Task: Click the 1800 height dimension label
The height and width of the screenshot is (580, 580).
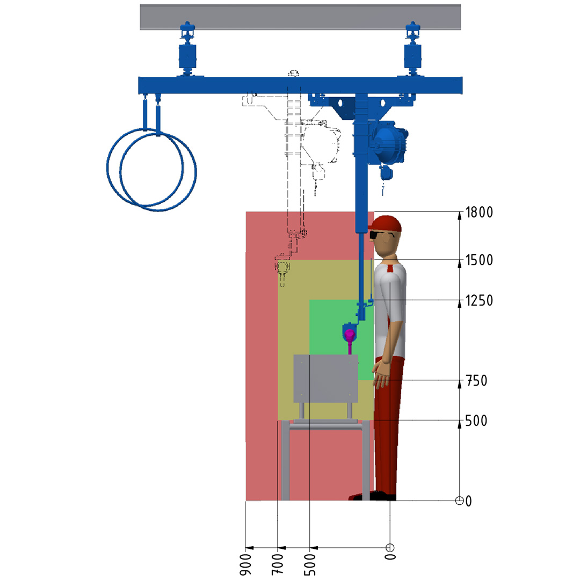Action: [x=479, y=212]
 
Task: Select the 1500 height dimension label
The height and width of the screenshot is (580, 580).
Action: [x=479, y=260]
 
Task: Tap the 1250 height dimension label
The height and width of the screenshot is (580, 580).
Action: [x=479, y=301]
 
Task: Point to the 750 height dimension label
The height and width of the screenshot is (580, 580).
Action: [x=476, y=381]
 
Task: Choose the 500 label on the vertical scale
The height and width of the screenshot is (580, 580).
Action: [x=476, y=421]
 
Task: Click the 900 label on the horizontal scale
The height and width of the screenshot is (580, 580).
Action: [x=245, y=564]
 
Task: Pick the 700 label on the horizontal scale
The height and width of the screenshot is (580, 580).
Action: [x=278, y=564]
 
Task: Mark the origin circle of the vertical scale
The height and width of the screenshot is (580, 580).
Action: [x=459, y=501]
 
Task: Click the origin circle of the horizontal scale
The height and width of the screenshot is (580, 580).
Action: [x=390, y=547]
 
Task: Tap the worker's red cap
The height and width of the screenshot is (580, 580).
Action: [x=385, y=224]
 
